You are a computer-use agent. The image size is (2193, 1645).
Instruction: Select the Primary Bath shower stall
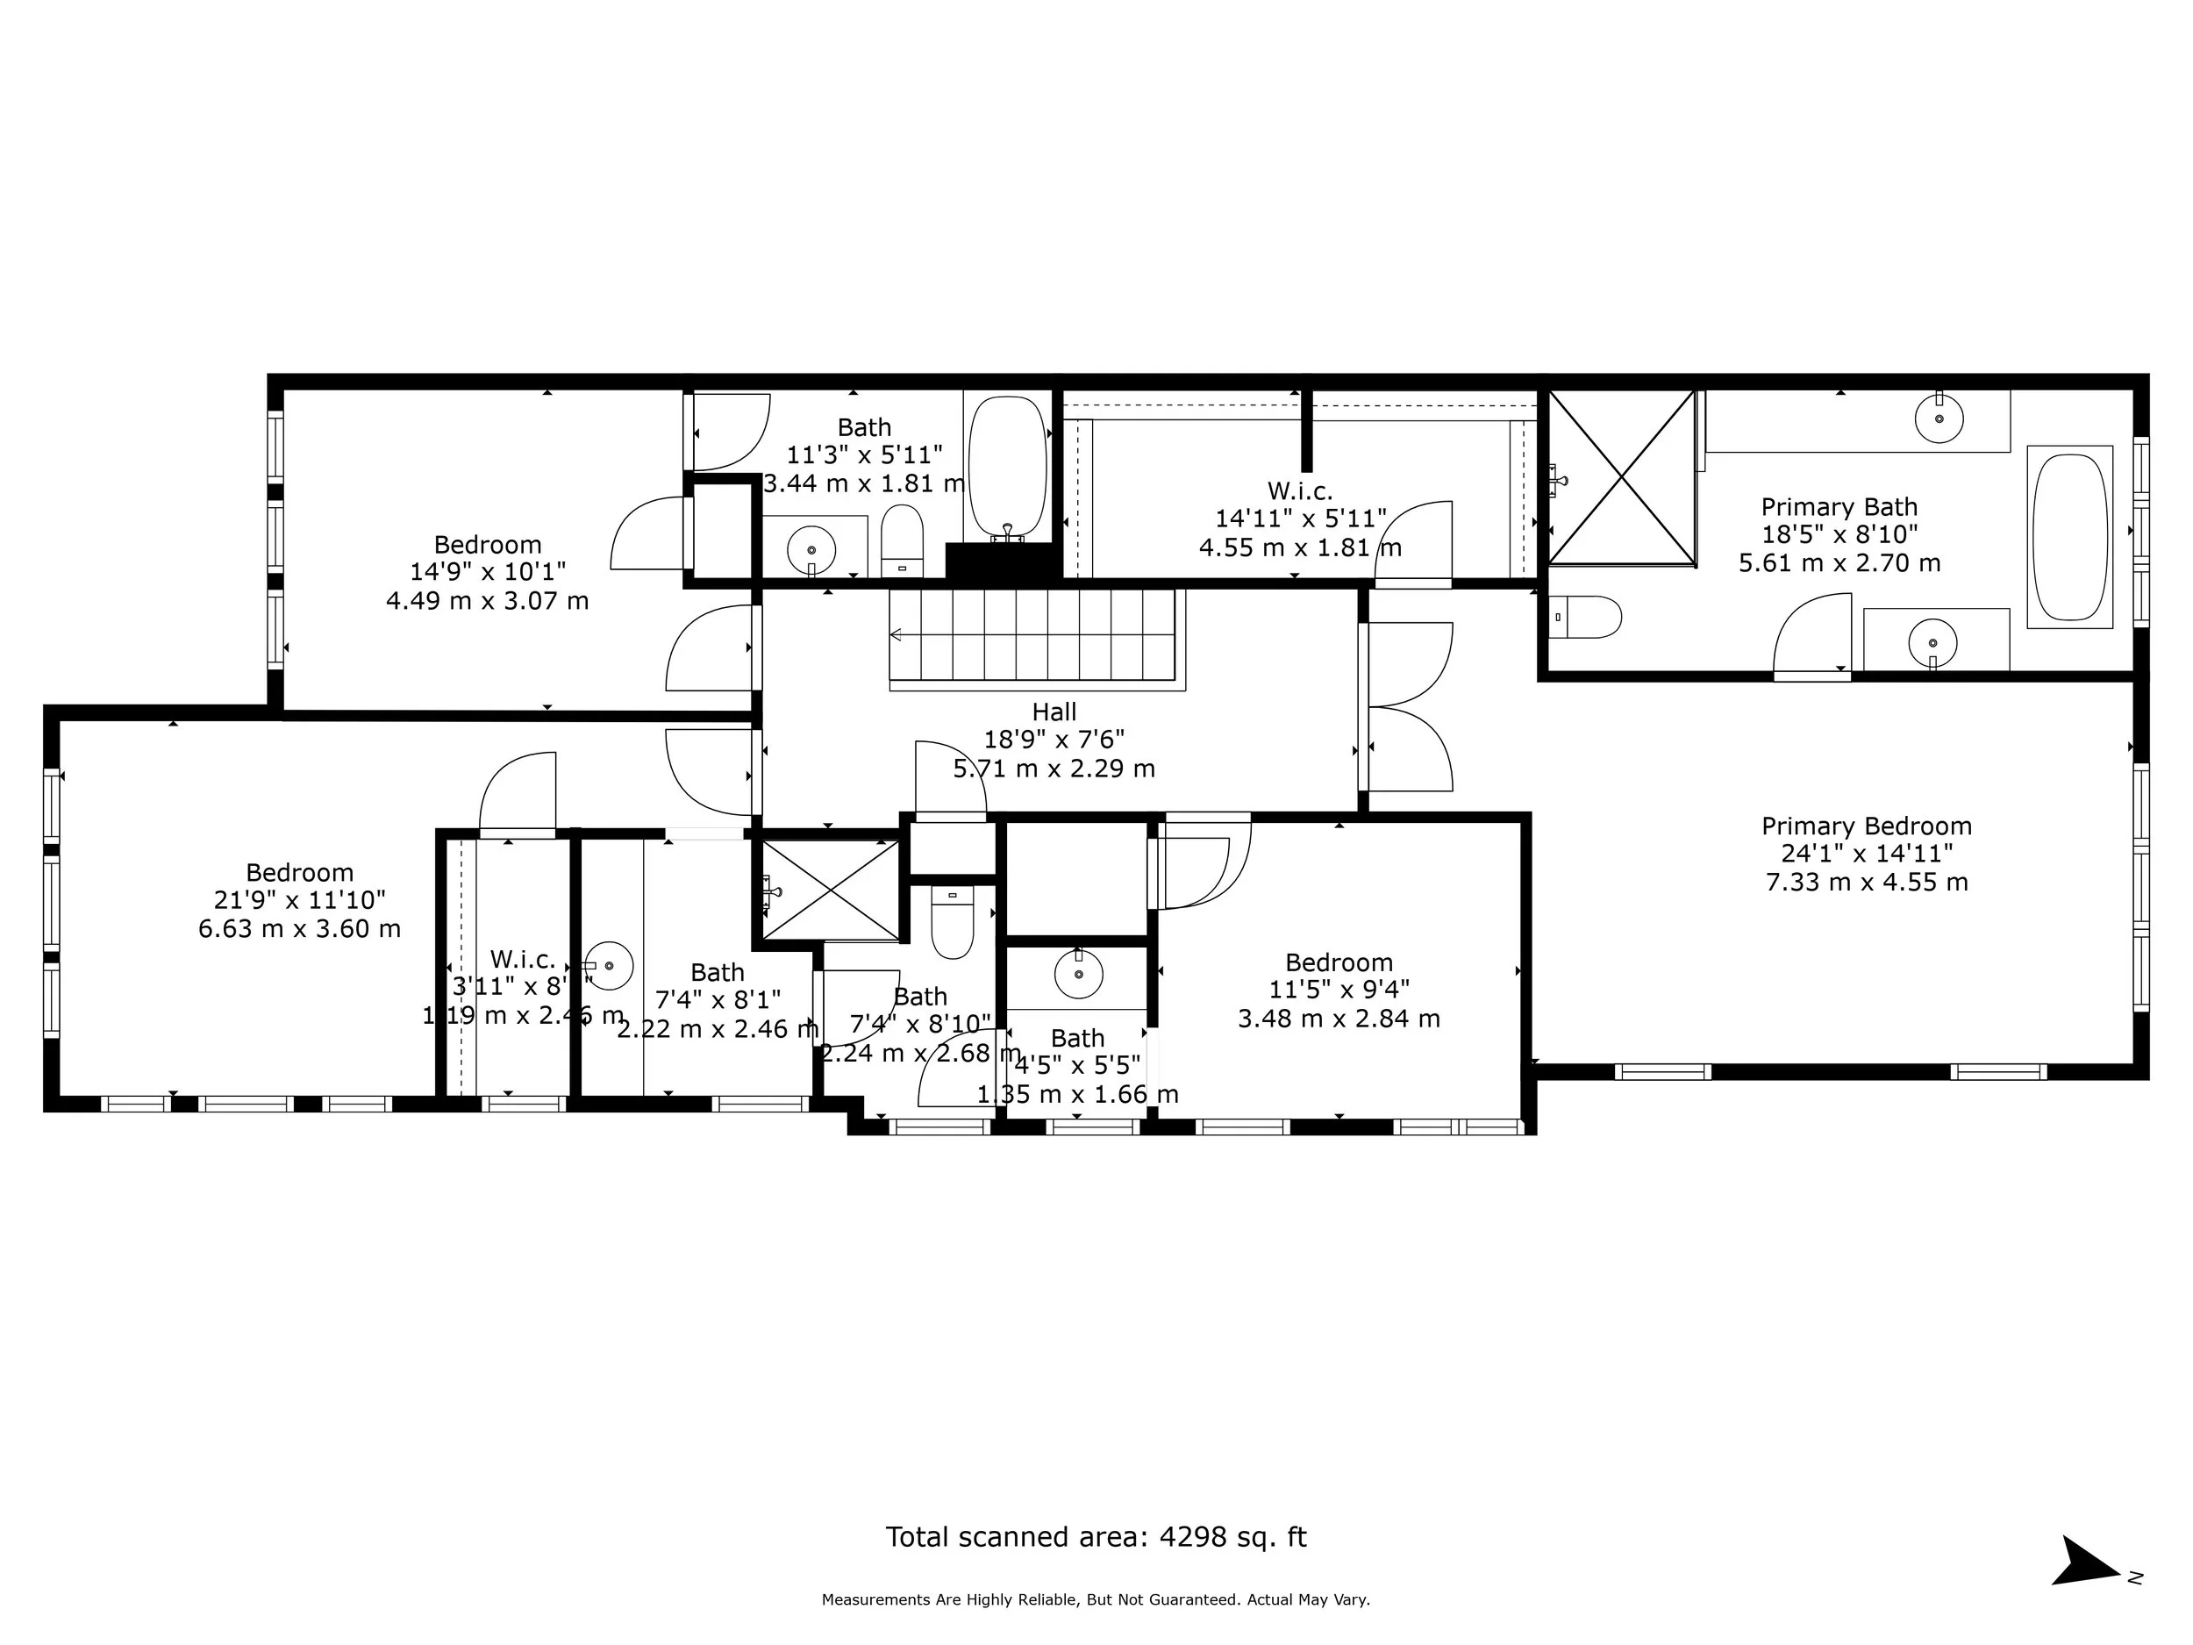[x=1622, y=478]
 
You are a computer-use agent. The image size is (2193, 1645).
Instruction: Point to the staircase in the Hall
[x=1036, y=634]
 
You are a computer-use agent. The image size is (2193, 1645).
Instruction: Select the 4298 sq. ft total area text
[x=1096, y=1537]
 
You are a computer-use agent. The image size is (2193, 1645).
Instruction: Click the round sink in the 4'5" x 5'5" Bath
[x=1079, y=974]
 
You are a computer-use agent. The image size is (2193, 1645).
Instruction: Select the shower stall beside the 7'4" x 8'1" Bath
[x=830, y=890]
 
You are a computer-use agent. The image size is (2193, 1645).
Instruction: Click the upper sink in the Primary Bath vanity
[x=1939, y=417]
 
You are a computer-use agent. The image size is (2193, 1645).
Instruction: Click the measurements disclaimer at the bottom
[x=1096, y=1599]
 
